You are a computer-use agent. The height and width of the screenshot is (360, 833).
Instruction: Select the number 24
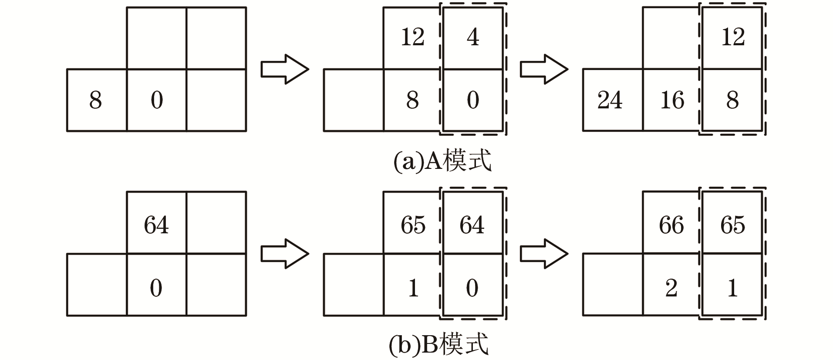click(610, 100)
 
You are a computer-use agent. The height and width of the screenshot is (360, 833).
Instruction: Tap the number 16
click(672, 100)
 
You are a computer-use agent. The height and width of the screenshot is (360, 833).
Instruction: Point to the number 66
click(671, 225)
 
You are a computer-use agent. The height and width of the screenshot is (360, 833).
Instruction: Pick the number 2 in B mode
click(671, 288)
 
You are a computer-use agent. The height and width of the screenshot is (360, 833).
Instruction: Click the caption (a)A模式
click(442, 161)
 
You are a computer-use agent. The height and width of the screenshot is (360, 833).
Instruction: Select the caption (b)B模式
click(438, 345)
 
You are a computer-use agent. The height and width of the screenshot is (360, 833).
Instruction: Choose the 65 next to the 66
click(732, 225)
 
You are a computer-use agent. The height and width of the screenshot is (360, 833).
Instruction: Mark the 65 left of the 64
click(413, 225)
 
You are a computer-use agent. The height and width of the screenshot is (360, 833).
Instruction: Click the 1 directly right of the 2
click(732, 288)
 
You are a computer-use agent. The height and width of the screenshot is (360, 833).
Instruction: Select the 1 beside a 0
click(413, 288)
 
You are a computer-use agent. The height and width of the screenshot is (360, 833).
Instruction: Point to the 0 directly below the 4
click(472, 100)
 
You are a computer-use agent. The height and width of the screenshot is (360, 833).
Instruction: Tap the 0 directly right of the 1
click(472, 288)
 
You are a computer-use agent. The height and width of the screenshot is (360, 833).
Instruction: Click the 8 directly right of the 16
click(732, 100)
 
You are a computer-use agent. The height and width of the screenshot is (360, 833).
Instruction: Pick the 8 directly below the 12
click(412, 100)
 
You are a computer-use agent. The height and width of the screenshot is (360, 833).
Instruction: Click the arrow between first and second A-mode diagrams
click(284, 69)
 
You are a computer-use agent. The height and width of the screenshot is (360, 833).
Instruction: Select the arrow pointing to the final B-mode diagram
click(544, 253)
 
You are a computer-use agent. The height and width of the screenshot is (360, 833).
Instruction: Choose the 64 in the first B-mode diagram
click(156, 225)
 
